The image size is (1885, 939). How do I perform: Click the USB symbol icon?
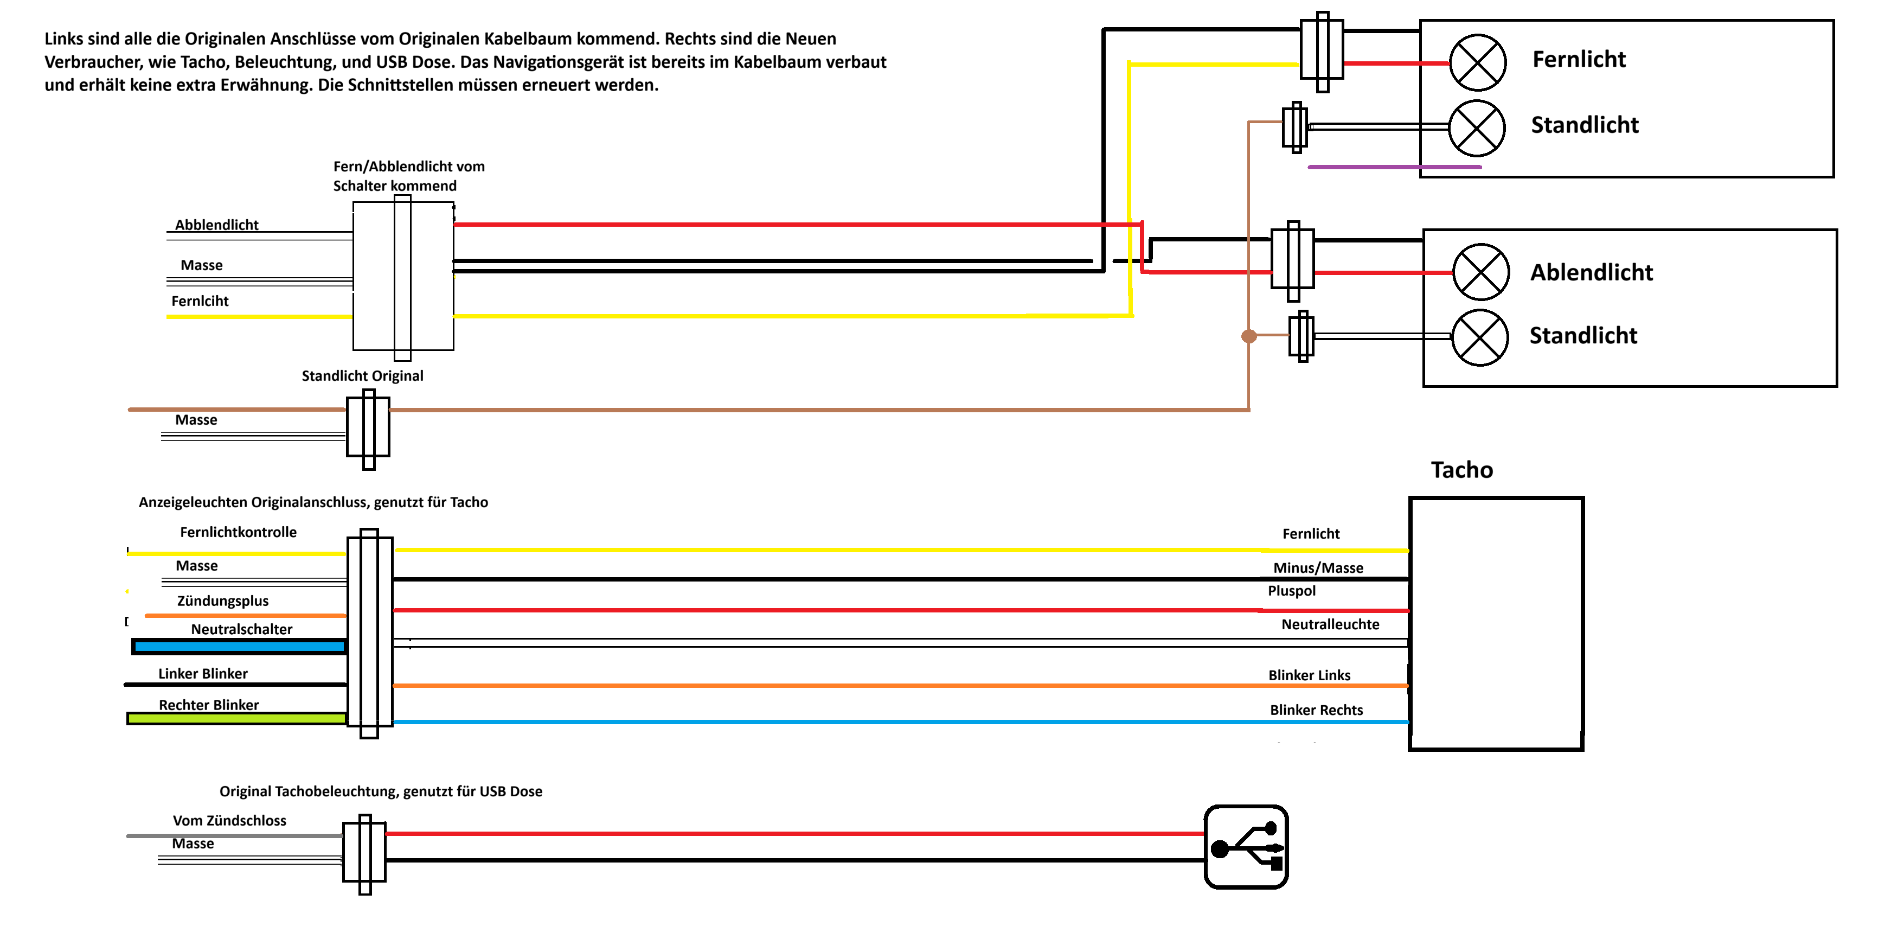point(1246,847)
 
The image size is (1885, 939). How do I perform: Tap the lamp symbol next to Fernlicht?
point(1477,63)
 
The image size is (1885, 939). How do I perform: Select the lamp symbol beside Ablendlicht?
point(1480,272)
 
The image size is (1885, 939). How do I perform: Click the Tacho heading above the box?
point(1461,470)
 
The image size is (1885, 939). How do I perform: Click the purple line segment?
point(1394,167)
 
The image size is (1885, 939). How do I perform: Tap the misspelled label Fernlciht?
point(200,301)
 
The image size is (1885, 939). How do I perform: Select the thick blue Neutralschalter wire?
point(239,646)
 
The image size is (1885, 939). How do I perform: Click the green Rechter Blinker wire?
point(236,719)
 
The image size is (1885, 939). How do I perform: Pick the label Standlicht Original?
point(362,375)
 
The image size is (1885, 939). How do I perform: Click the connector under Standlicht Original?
point(368,429)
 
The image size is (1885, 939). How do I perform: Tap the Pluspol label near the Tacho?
point(1292,591)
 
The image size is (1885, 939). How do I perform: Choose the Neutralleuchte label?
point(1330,624)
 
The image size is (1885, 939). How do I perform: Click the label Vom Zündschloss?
point(229,820)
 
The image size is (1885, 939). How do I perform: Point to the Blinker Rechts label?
point(1317,710)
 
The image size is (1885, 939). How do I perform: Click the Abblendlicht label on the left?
point(216,225)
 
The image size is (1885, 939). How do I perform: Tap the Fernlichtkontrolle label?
point(238,532)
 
